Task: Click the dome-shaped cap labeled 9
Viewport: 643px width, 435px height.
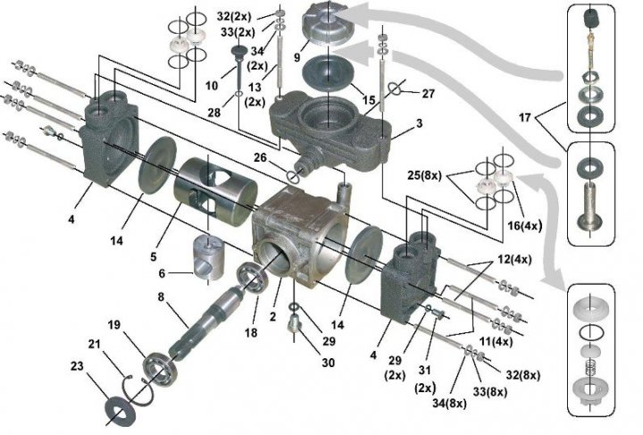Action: coord(329,27)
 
